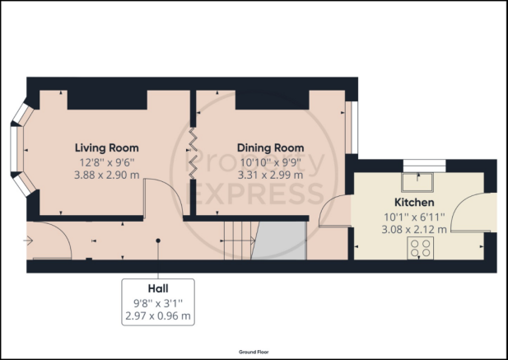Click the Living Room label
[x=107, y=147]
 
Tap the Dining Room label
[x=271, y=147]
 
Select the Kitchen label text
[x=414, y=202]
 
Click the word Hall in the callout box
[x=158, y=288]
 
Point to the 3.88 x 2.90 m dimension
[x=107, y=175]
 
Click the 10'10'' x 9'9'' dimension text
[x=271, y=161]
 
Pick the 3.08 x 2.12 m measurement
[x=414, y=230]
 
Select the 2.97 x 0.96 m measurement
[x=158, y=316]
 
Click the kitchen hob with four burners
[x=420, y=248]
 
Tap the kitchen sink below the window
[x=417, y=182]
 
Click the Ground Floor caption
[x=254, y=352]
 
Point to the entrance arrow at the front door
[x=28, y=241]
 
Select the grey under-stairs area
[x=279, y=241]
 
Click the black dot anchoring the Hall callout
[x=158, y=241]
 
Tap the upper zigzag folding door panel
[x=193, y=139]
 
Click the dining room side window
[x=352, y=128]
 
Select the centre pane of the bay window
[x=14, y=149]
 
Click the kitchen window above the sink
[x=424, y=166]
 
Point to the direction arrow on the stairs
[x=237, y=241]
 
